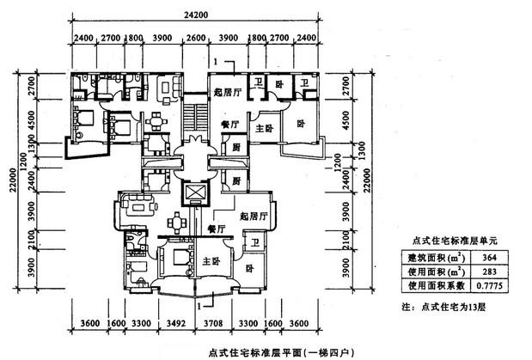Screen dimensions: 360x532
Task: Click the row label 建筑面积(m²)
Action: pos(435,257)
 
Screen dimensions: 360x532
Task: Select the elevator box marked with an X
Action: pos(197,192)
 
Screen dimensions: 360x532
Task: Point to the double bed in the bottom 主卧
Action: pos(177,258)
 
